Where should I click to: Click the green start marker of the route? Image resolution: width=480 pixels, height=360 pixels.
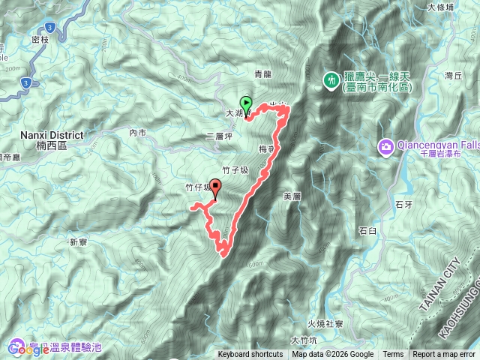click(x=245, y=104)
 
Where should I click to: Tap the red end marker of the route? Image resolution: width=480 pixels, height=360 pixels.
click(x=217, y=188)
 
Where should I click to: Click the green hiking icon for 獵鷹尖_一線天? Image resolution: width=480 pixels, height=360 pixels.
click(x=330, y=79)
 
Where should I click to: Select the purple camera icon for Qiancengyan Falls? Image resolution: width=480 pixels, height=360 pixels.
click(x=386, y=145)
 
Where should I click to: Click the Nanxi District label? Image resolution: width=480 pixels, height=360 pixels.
click(x=52, y=135)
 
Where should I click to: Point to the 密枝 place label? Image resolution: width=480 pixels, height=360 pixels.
click(x=41, y=38)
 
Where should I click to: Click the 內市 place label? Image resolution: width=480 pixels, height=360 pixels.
click(x=137, y=133)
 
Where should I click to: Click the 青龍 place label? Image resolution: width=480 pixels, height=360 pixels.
click(x=262, y=74)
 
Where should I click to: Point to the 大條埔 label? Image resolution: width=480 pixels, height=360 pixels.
click(x=462, y=8)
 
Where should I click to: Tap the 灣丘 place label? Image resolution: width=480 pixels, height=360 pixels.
click(x=452, y=76)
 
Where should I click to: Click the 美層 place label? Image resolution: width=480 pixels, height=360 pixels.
click(x=292, y=196)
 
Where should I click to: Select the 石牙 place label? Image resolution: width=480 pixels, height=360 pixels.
click(x=403, y=203)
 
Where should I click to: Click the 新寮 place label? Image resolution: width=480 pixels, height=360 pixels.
click(x=79, y=241)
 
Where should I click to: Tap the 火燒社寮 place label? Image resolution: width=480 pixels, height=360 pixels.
click(x=325, y=324)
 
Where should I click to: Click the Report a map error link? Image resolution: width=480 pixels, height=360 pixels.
click(x=444, y=355)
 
